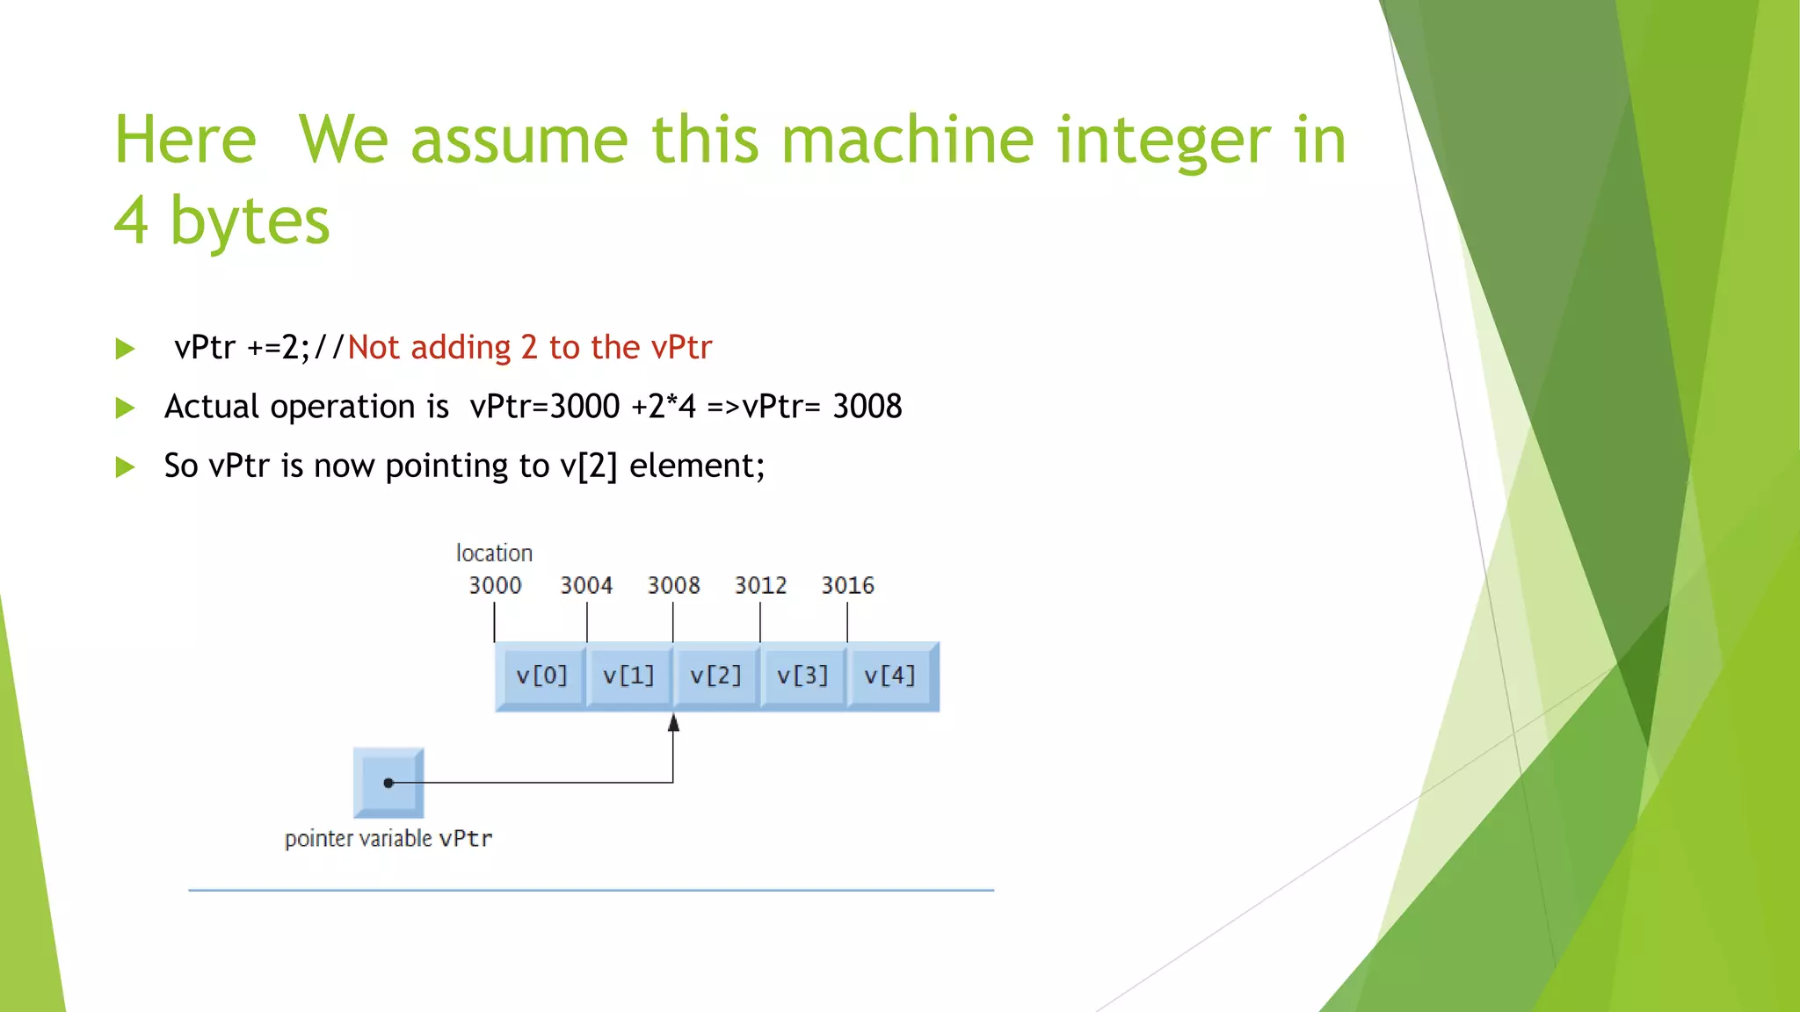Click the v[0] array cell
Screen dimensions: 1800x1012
541,676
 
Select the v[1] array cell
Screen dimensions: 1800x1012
628,676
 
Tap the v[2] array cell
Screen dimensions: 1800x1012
715,676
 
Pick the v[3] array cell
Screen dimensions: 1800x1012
802,676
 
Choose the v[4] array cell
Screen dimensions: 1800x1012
890,676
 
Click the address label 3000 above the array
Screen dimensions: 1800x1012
495,585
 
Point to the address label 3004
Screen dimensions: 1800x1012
586,585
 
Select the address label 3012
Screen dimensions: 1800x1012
760,585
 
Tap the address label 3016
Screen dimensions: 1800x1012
847,585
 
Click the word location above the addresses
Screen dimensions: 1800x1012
494,553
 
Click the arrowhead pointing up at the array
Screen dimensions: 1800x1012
673,723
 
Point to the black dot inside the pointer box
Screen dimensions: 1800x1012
388,783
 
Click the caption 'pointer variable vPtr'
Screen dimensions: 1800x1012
388,839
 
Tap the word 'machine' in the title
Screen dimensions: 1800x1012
907,141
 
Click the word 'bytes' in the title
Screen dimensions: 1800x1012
250,220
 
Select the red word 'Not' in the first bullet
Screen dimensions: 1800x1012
374,348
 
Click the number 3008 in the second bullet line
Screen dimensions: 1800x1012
867,407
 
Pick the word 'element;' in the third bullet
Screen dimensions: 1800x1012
697,466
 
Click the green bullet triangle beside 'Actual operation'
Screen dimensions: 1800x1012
126,408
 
